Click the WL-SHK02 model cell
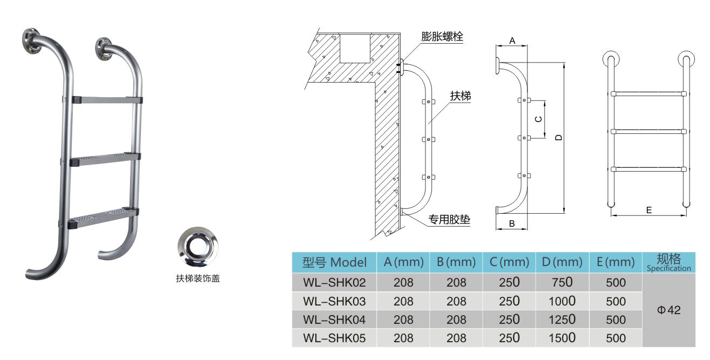click(335, 282)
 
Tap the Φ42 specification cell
click(669, 310)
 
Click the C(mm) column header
click(509, 263)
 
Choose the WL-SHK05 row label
click(335, 338)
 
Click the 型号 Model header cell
click(335, 263)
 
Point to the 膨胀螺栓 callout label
click(442, 37)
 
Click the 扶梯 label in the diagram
click(461, 96)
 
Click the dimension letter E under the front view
click(648, 210)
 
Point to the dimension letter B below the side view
click(511, 223)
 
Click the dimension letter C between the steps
click(538, 119)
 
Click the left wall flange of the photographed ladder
click(33, 40)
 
